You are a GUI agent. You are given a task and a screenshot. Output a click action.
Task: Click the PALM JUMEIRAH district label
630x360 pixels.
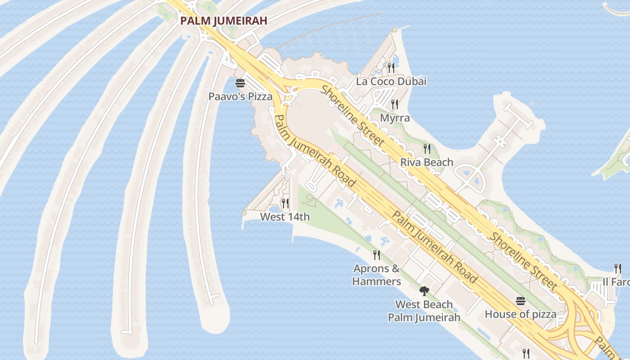[224, 21]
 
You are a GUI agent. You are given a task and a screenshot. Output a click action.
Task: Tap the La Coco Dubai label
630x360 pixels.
[391, 81]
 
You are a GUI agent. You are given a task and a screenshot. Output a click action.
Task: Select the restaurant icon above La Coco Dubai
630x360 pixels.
[391, 68]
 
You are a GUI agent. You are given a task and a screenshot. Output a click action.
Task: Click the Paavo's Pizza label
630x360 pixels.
[240, 96]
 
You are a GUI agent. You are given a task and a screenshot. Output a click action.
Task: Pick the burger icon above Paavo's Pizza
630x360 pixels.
[240, 83]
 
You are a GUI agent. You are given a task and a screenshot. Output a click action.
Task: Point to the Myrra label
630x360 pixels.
[395, 118]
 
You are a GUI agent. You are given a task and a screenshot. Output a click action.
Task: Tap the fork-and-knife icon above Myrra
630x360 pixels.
[395, 105]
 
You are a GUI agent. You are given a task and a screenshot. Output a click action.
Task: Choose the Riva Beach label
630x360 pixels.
[427, 162]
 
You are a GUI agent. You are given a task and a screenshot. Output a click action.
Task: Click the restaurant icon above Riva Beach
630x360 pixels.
[427, 148]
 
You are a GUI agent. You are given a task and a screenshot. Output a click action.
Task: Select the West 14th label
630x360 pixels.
[285, 217]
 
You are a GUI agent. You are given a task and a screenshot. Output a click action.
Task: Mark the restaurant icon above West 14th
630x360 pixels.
[285, 203]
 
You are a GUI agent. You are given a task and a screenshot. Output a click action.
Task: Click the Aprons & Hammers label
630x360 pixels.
[377, 275]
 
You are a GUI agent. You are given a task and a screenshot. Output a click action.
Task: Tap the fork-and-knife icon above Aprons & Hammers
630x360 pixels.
[377, 255]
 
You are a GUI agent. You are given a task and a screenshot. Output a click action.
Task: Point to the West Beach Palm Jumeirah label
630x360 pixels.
[424, 311]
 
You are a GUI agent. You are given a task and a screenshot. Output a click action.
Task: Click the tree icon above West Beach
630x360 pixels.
[424, 291]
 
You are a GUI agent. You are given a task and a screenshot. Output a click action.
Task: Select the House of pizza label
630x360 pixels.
[520, 314]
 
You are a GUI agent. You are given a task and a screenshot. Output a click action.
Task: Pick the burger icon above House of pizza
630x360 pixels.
[521, 301]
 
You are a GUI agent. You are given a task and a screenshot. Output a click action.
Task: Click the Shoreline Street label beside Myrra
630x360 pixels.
[353, 115]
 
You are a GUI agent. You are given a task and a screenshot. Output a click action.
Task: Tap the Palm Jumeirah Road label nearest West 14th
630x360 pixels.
[315, 151]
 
